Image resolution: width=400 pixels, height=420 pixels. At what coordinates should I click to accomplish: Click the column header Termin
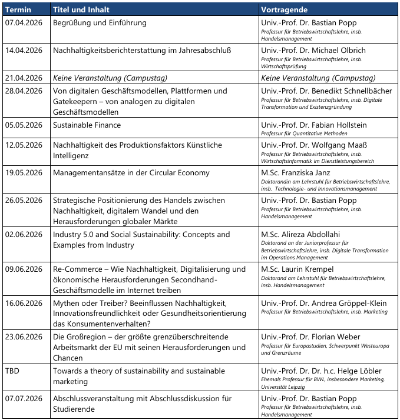(x=19, y=10)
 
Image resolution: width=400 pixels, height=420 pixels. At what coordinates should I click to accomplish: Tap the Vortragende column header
(x=285, y=10)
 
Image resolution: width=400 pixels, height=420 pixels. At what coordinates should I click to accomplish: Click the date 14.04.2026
(x=24, y=51)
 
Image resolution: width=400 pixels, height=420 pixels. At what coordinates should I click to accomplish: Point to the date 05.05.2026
(x=24, y=125)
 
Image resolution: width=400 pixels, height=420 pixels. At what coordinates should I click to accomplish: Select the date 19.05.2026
(x=24, y=172)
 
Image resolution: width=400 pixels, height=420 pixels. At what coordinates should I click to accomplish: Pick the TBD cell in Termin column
(x=12, y=371)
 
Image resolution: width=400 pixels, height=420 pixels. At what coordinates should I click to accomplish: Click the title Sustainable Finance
(x=87, y=125)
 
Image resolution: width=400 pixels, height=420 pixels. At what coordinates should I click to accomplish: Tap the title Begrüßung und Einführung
(x=100, y=23)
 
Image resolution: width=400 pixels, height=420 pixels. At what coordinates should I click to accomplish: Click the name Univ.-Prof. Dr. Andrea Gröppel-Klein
(x=324, y=303)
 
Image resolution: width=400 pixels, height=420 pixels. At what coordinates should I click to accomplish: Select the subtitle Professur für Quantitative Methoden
(x=305, y=134)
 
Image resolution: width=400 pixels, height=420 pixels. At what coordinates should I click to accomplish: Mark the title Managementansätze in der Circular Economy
(x=131, y=172)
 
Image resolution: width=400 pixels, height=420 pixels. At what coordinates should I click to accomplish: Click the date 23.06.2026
(x=24, y=337)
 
